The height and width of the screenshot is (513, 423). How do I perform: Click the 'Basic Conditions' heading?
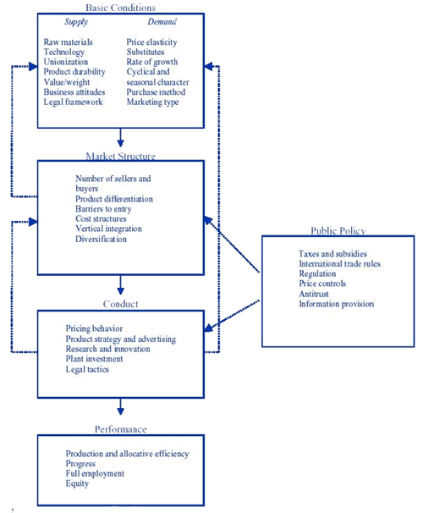pyautogui.click(x=121, y=8)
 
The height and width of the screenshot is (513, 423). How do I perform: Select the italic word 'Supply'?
pyautogui.click(x=76, y=22)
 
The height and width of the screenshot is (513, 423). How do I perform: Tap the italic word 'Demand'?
pyautogui.click(x=162, y=22)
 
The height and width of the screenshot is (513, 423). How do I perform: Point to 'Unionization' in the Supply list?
pyautogui.click(x=66, y=62)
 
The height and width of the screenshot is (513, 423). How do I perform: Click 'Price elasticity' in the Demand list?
pyautogui.click(x=151, y=42)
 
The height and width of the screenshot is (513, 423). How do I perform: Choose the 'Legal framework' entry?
pyautogui.click(x=73, y=102)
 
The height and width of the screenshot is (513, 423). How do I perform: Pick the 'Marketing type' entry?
pyautogui.click(x=152, y=102)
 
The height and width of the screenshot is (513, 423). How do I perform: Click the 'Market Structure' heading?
pyautogui.click(x=121, y=156)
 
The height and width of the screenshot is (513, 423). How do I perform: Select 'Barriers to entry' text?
pyautogui.click(x=103, y=209)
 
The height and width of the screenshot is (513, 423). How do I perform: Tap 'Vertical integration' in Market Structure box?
pyautogui.click(x=108, y=229)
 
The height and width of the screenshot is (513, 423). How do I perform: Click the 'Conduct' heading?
pyautogui.click(x=121, y=304)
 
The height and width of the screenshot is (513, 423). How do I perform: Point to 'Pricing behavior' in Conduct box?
pyautogui.click(x=94, y=328)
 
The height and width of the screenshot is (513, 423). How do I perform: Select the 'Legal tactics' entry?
pyautogui.click(x=87, y=369)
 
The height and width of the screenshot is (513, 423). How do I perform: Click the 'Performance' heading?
pyautogui.click(x=121, y=429)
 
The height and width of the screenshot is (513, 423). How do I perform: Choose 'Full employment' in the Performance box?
pyautogui.click(x=95, y=473)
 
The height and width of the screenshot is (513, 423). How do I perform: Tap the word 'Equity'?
pyautogui.click(x=77, y=483)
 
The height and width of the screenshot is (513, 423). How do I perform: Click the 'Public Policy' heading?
pyautogui.click(x=338, y=231)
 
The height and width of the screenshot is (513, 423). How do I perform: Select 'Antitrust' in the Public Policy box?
pyautogui.click(x=314, y=294)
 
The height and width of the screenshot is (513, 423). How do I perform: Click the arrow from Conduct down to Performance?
pyautogui.click(x=121, y=406)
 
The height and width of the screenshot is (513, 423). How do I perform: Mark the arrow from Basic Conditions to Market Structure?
pyautogui.click(x=121, y=137)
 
